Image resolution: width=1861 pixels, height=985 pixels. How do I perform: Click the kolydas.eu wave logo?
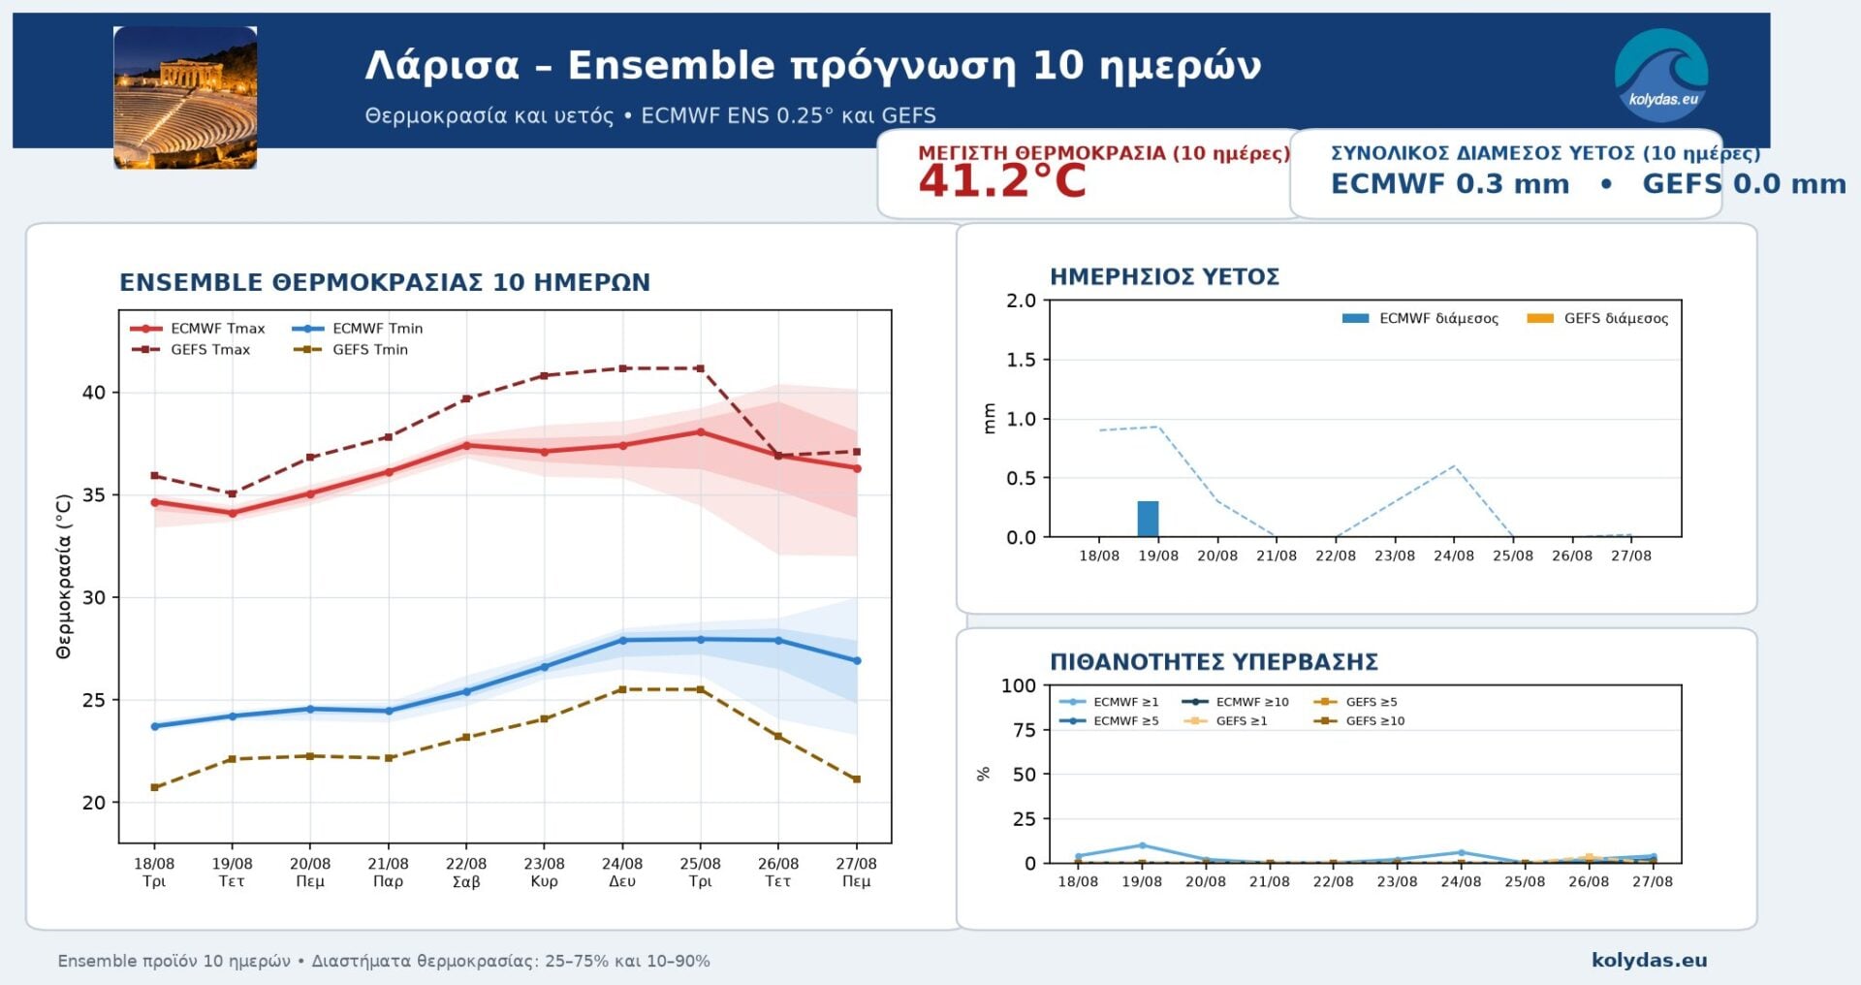pos(1661,75)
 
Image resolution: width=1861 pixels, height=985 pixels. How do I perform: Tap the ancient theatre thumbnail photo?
pos(185,97)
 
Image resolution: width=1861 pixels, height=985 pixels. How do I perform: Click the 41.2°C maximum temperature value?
pos(1002,181)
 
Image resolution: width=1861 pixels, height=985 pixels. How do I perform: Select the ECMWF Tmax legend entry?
pos(198,329)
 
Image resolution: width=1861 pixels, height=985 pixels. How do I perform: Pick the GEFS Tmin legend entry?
pos(350,350)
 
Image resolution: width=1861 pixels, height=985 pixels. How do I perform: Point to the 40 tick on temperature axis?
pos(94,393)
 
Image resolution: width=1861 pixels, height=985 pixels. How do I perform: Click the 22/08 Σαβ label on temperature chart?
pos(466,873)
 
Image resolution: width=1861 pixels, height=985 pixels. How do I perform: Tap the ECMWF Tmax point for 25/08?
pos(700,431)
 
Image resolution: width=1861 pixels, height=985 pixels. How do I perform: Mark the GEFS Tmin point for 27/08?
pos(856,779)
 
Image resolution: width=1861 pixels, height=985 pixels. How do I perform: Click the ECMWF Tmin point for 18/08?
pos(154,726)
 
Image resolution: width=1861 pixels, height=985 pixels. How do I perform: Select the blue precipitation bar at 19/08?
pos(1148,519)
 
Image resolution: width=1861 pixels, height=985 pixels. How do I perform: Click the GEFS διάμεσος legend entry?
pos(1597,318)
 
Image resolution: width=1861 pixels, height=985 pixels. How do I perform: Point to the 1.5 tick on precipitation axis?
pos(1021,360)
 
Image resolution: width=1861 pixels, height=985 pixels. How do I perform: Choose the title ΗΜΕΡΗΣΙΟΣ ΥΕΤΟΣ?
pos(1164,277)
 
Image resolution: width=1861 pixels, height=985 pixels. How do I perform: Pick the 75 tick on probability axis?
pos(1025,730)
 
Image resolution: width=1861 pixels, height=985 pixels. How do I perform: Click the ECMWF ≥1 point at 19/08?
pos(1142,845)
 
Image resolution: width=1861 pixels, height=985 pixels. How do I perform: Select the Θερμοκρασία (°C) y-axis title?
pos(64,577)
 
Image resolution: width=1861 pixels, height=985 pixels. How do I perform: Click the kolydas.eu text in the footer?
pos(1649,960)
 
